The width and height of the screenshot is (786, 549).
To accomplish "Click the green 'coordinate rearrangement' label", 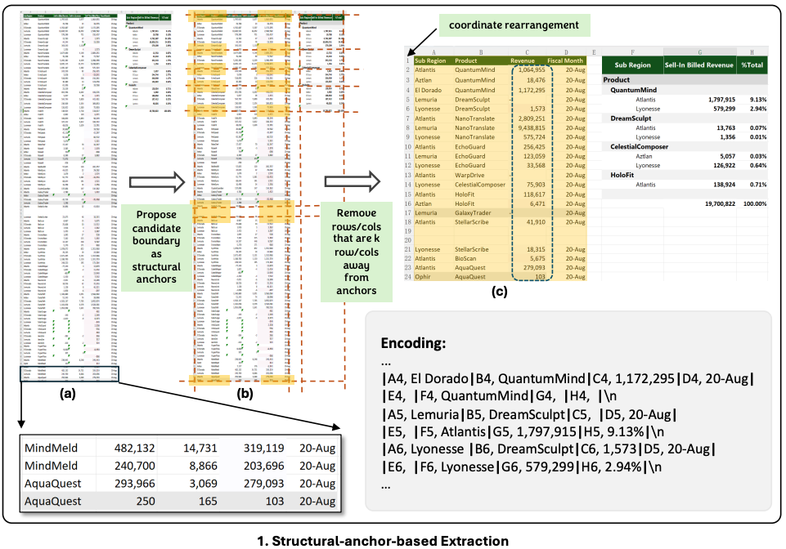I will [514, 25].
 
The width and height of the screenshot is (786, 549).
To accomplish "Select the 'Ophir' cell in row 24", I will [425, 278].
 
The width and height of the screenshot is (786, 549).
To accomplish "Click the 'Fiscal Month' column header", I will [565, 60].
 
